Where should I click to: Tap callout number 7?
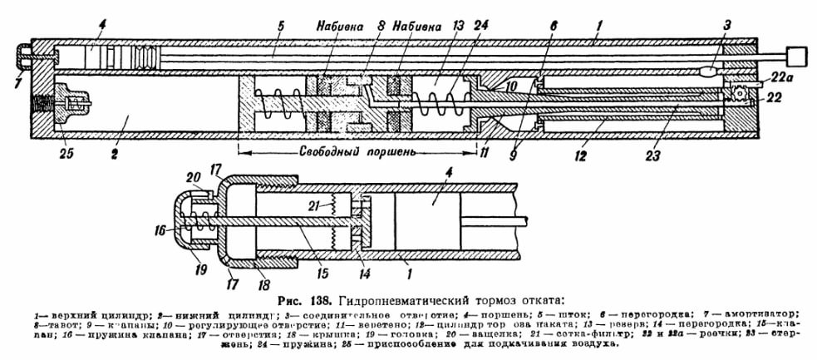(x=18, y=81)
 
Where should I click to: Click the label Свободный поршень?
(x=357, y=152)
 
